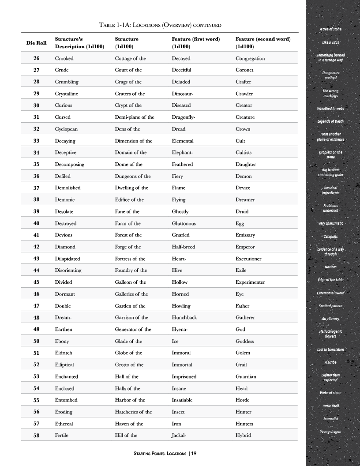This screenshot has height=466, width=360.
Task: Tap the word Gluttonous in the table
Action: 184,223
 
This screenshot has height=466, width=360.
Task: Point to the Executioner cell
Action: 252,259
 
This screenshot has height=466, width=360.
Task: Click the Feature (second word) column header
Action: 263,42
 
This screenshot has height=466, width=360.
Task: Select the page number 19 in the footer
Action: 194,453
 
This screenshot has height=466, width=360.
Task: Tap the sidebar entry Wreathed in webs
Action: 330,109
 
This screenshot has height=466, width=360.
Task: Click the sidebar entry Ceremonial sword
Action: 330,293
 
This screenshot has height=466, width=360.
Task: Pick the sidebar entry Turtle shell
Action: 330,406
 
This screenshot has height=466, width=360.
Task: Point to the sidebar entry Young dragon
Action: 330,432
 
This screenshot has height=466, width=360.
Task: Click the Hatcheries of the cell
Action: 133,412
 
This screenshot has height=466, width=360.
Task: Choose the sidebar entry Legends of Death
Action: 330,121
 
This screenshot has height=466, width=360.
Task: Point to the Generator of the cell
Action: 133,329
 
